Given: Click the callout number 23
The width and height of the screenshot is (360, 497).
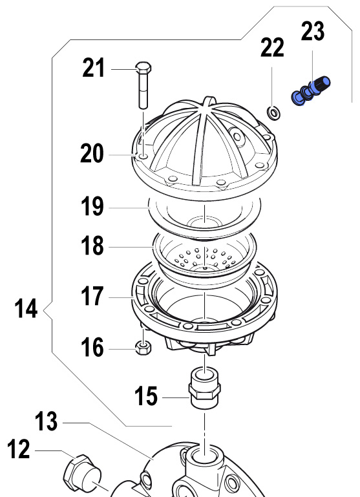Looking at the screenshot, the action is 312,31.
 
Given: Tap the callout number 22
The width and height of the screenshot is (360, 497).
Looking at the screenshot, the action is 272,48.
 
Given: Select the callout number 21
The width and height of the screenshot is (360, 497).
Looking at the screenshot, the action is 93,68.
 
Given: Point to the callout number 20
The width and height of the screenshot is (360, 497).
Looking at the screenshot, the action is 92,153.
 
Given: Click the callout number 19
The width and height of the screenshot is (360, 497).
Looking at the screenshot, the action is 92,206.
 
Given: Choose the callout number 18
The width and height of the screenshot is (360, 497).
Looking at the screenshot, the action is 92,246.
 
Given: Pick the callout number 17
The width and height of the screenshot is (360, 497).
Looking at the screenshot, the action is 92,296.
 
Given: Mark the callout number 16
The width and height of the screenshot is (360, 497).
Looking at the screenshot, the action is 92,347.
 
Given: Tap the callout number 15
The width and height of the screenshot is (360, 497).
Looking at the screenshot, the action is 146,396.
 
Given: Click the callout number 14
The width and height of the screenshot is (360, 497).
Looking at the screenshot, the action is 26,308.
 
